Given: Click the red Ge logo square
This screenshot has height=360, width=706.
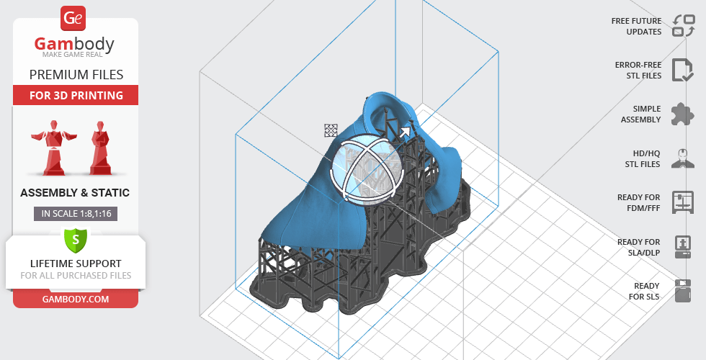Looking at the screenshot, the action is tap(73, 18).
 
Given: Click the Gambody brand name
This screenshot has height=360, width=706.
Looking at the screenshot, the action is tap(74, 44).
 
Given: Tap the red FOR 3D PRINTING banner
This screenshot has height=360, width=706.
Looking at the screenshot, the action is tap(76, 95).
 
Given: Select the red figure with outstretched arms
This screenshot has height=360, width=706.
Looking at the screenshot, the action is tap(54, 147).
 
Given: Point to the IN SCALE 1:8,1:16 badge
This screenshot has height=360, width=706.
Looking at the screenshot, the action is tap(76, 214).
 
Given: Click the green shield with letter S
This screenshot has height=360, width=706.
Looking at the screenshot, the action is tap(76, 240).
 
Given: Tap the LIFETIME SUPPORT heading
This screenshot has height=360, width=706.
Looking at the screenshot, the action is tap(76, 264).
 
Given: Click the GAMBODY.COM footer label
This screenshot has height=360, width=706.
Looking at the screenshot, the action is tap(76, 300).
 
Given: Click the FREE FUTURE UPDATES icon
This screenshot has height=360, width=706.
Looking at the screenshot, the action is tap(683, 26).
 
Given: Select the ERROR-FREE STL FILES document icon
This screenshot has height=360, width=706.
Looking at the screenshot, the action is tap(682, 70).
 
